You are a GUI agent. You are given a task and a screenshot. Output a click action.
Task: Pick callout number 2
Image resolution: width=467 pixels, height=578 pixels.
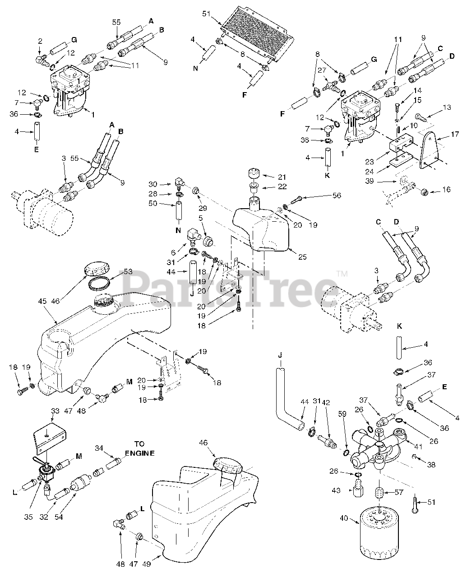tap(40, 41)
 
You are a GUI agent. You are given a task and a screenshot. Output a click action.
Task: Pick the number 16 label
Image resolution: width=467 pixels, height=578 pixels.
tap(446, 190)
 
